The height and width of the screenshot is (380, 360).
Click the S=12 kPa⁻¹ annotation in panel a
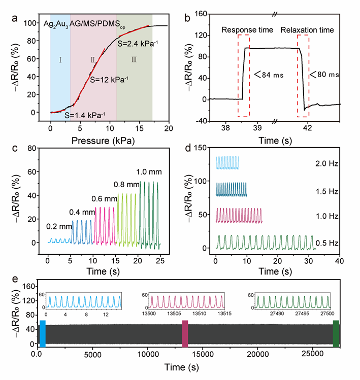coord(109,80)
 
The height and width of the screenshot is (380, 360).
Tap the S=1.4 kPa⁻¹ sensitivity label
coord(85,116)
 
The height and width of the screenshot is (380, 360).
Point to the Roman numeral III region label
coord(134,60)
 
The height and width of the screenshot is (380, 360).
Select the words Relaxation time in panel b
coord(308,30)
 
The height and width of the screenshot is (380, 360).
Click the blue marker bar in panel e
coord(43,334)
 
